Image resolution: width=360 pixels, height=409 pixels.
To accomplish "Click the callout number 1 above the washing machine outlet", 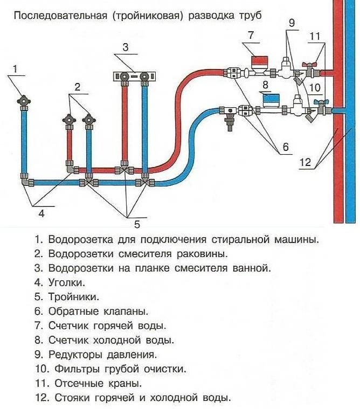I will point(16,68).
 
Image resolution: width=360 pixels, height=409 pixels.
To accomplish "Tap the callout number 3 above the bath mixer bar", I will point(126,47).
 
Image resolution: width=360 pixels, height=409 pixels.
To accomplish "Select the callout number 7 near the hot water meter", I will point(251,35).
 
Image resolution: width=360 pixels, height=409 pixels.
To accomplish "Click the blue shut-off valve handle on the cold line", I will point(320,101).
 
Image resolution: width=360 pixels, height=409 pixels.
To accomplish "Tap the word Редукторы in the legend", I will point(75,355).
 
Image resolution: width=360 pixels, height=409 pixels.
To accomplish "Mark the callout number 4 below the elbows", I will point(40,213).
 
